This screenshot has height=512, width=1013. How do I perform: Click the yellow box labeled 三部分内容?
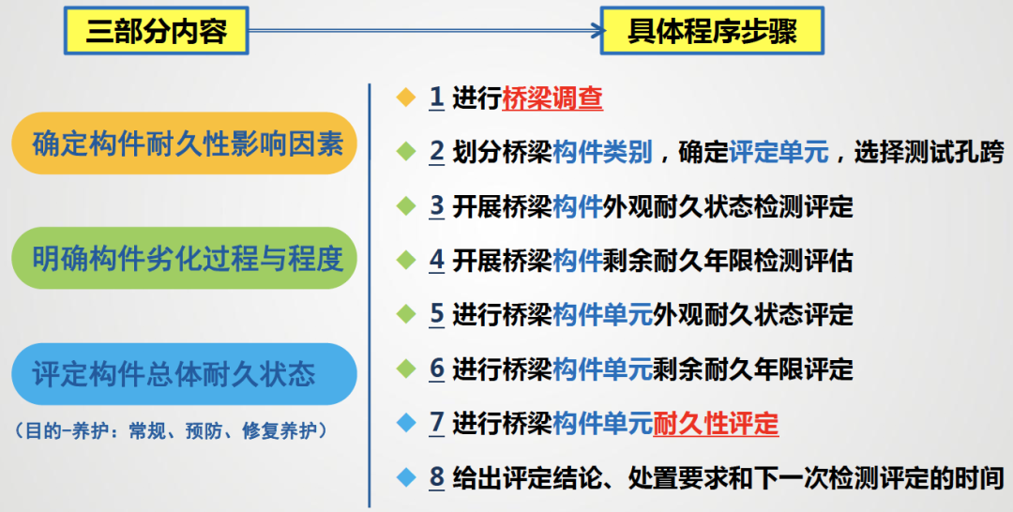pos(157,30)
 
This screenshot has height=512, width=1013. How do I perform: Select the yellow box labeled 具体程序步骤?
pos(712,30)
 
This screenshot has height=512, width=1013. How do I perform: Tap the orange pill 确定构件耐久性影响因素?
pos(184,143)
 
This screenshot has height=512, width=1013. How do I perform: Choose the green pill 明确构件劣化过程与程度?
pos(184,258)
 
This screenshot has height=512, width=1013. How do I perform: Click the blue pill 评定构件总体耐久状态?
pos(184,374)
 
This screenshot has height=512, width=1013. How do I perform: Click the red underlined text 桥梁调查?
pos(552,98)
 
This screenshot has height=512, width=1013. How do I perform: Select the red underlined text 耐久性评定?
pos(716,424)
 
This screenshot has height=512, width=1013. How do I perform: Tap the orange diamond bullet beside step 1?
pos(406,98)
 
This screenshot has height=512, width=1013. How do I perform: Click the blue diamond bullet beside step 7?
pos(406,424)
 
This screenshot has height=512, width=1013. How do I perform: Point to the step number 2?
pos(437,152)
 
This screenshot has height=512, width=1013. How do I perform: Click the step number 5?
pos(437,315)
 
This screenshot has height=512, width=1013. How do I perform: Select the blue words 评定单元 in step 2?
pos(779,152)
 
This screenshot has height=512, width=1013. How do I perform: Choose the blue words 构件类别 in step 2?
pos(603,152)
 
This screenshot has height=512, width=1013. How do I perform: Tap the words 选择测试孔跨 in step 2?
pos(929,152)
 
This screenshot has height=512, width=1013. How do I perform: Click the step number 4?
pos(437,261)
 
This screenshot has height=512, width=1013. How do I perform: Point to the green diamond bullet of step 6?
pos(406,369)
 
